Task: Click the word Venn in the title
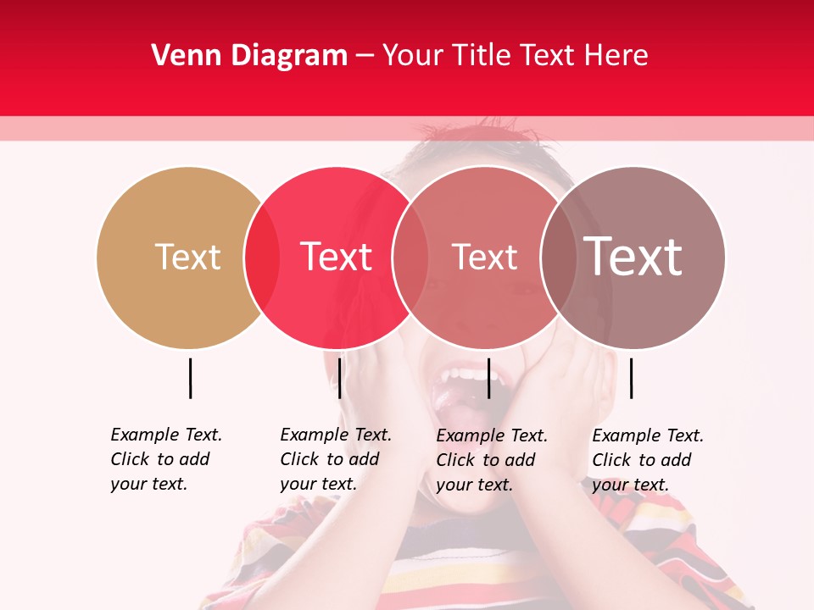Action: pyautogui.click(x=180, y=56)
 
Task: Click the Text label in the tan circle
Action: pyautogui.click(x=187, y=257)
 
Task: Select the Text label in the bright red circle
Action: pyautogui.click(x=336, y=257)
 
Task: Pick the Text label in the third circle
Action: pyautogui.click(x=484, y=257)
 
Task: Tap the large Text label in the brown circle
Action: pyautogui.click(x=633, y=257)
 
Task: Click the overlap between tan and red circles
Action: pyautogui.click(x=262, y=258)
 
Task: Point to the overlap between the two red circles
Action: pyautogui.click(x=410, y=258)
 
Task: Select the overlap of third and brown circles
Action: pyautogui.click(x=558, y=258)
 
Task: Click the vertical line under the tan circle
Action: pyautogui.click(x=191, y=378)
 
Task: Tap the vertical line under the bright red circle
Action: pyautogui.click(x=339, y=378)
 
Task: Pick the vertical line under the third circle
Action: pyautogui.click(x=488, y=378)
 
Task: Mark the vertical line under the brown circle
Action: pyautogui.click(x=632, y=378)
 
